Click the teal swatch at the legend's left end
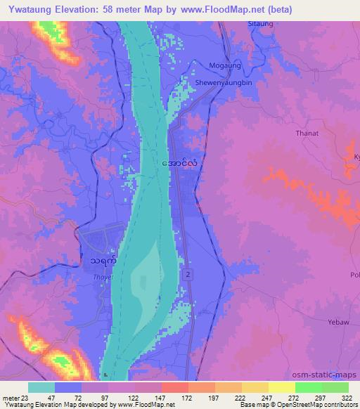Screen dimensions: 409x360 pos(41,387)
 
